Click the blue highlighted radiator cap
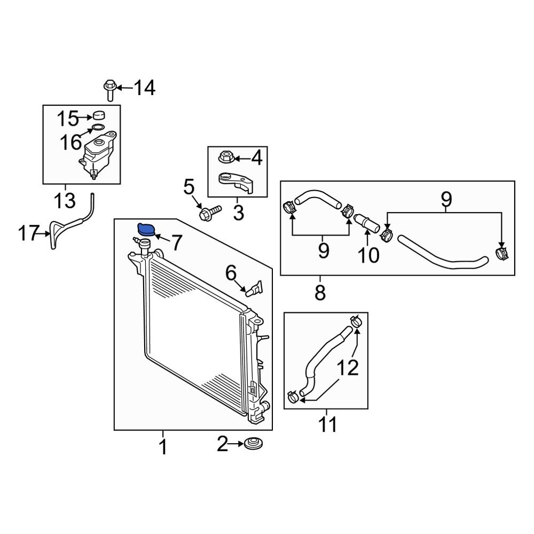(x=145, y=230)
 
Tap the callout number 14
(x=144, y=88)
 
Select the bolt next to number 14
(x=109, y=90)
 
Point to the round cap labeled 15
(x=99, y=115)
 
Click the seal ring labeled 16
(x=98, y=128)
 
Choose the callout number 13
(x=65, y=200)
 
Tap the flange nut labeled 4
(x=226, y=157)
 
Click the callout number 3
(x=239, y=213)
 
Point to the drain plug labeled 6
(x=254, y=288)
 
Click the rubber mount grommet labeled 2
(x=253, y=444)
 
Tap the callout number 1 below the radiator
(x=163, y=447)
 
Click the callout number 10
(x=368, y=255)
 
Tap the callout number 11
(x=328, y=425)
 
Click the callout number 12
(x=348, y=368)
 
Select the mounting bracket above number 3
(x=237, y=183)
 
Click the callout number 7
(x=176, y=243)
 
